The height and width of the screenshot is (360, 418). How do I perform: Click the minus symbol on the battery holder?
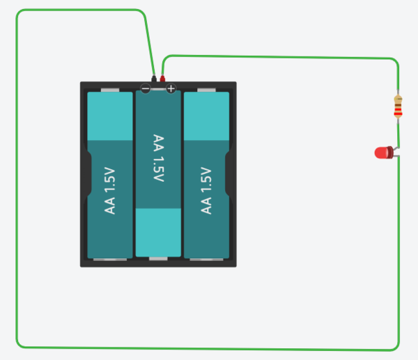(145, 88)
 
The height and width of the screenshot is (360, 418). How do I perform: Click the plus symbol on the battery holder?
(171, 88)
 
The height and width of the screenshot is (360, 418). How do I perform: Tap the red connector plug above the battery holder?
(163, 78)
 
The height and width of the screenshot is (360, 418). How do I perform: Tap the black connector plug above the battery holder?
(153, 78)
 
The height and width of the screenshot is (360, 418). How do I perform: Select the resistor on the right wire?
(398, 107)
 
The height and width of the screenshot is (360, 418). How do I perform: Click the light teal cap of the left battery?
(110, 116)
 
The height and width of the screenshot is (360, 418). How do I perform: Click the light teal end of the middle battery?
(158, 232)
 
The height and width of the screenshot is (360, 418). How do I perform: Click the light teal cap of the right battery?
(206, 116)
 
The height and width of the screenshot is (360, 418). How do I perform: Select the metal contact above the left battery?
(111, 90)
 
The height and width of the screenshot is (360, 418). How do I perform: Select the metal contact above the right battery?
(206, 90)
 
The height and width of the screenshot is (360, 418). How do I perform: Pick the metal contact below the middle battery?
(158, 259)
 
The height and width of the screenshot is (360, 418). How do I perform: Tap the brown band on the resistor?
(398, 101)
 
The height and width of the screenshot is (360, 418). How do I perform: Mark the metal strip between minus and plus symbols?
(158, 88)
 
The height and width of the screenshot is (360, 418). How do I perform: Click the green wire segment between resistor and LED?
(398, 132)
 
